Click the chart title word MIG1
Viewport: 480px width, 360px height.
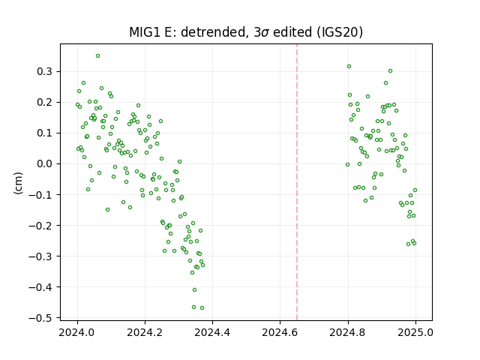145,32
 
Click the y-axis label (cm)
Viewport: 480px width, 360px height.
18,183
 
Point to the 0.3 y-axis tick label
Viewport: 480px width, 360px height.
45,72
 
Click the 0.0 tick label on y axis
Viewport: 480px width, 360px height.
45,163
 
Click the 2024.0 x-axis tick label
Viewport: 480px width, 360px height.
77,332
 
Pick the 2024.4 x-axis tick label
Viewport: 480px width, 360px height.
212,332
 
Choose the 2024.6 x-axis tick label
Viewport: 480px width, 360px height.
280,332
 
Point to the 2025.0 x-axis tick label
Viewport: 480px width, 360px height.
415,332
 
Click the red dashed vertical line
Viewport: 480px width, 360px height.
297,182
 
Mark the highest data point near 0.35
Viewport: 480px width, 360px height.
98,56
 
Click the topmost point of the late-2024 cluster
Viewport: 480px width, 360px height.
349,67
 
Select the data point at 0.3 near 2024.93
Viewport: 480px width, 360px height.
390,71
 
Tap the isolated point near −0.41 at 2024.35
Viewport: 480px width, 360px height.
195,290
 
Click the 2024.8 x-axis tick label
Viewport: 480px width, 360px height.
348,332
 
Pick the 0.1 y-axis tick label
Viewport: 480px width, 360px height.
45,133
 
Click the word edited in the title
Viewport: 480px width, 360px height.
292,32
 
